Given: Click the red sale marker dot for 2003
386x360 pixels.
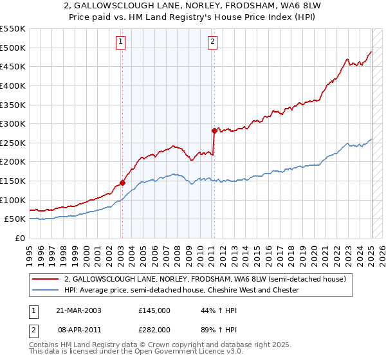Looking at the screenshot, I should pyautogui.click(x=122, y=183).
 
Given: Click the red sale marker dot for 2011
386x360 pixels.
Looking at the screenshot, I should pyautogui.click(x=214, y=130).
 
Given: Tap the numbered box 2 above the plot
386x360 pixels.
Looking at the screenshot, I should pyautogui.click(x=213, y=42).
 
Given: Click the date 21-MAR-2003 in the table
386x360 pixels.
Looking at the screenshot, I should pyautogui.click(x=78, y=310).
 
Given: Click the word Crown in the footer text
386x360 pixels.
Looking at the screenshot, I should pyautogui.click(x=169, y=345).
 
